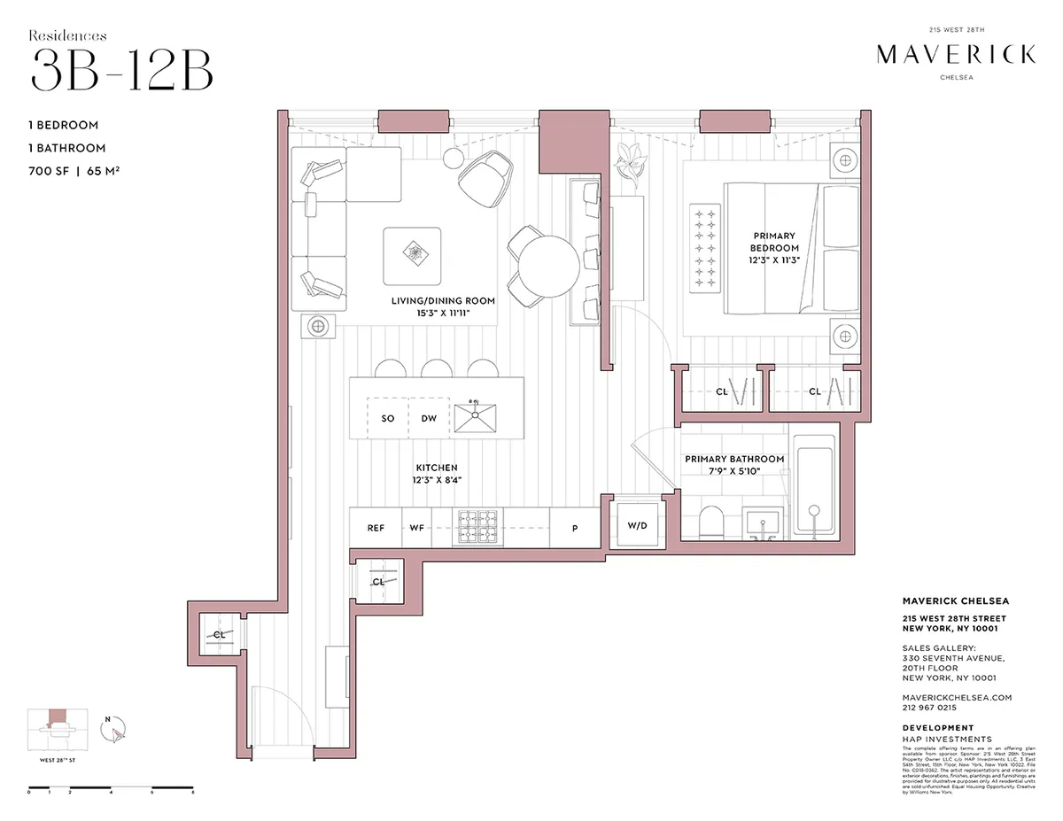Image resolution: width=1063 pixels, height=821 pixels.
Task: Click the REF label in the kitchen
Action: [376, 528]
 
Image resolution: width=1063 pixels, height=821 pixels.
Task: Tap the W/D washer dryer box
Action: [638, 526]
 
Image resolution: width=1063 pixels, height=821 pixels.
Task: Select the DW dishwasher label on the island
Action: [429, 419]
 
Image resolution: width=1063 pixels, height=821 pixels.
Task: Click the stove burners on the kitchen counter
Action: [478, 527]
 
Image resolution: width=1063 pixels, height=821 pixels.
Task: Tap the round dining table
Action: [548, 265]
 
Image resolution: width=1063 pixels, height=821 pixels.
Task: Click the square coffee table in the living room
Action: [412, 255]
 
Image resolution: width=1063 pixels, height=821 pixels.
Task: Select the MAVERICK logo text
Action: [955, 55]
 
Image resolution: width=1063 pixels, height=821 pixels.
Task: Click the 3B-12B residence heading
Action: [121, 71]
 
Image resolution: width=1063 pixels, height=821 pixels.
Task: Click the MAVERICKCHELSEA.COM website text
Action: [950, 697]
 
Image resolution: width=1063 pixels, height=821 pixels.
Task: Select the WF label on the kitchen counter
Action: [416, 528]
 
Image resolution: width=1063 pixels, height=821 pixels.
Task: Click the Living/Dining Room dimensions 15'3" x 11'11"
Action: [443, 313]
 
